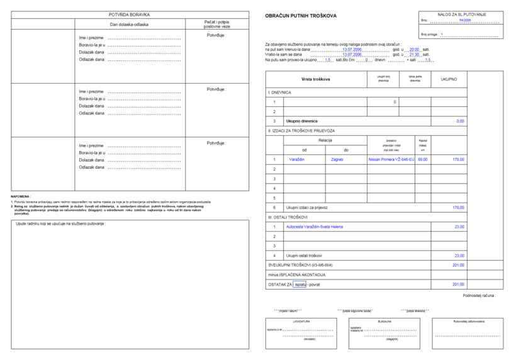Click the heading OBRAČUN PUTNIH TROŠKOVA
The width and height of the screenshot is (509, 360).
point(301,15)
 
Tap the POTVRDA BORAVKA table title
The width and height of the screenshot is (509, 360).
point(129,14)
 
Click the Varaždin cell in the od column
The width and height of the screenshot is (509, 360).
point(297,160)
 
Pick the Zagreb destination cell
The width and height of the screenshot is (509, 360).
point(337,160)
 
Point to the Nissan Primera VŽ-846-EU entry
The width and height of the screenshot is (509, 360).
point(391,160)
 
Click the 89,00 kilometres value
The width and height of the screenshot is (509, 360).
point(422,160)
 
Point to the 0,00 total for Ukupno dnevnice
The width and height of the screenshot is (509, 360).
point(460,121)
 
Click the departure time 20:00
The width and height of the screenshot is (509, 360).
point(414,49)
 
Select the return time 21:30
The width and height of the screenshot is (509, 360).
point(414,55)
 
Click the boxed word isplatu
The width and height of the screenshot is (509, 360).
point(299,285)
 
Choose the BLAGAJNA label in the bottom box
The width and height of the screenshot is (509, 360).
point(384,321)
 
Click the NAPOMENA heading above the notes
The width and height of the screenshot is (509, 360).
point(20,196)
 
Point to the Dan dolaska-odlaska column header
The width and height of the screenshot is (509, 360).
point(129,24)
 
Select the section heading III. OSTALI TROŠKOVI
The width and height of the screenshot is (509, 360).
point(288,217)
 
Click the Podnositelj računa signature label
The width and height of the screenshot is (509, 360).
point(479,295)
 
